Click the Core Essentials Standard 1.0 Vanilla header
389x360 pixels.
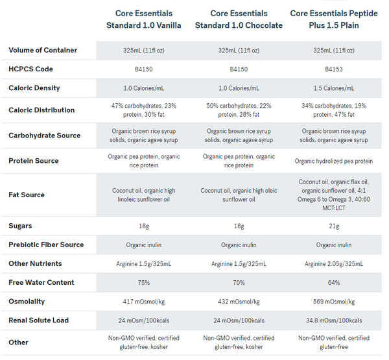143,19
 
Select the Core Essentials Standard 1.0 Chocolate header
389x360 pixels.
239,19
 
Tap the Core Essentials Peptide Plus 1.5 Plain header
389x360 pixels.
334,19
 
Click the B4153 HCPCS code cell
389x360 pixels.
334,69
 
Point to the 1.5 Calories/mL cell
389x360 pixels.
334,88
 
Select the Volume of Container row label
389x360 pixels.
43,50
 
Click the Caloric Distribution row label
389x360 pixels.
41,110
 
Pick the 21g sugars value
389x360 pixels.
334,226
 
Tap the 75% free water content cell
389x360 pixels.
143,283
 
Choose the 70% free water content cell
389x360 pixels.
239,283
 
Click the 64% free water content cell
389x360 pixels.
334,283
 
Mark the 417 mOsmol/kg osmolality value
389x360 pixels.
143,302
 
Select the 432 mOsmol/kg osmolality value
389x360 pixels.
239,302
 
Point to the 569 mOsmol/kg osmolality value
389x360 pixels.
334,302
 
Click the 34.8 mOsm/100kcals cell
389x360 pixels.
334,320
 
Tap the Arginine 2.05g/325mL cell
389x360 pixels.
334,264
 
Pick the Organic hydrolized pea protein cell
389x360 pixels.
334,161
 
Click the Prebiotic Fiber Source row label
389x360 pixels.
46,245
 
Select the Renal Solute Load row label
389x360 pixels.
39,320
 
